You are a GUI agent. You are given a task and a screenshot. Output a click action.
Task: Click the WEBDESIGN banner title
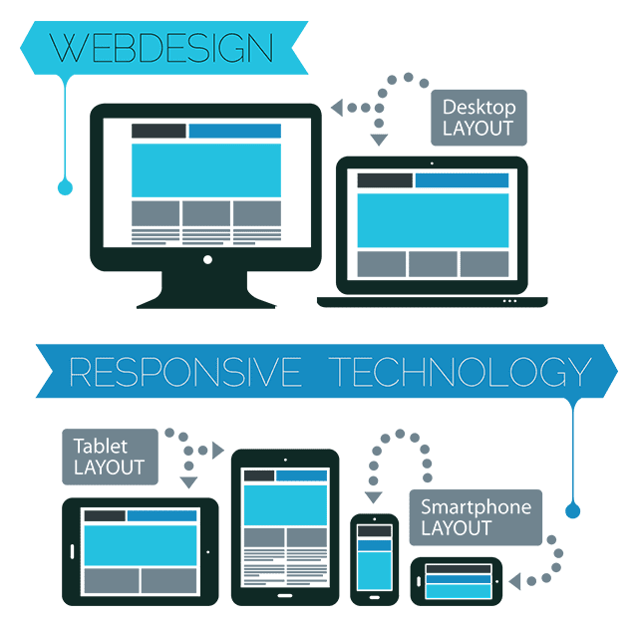click(x=161, y=48)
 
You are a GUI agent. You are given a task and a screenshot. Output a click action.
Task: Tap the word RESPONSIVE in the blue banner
click(x=185, y=372)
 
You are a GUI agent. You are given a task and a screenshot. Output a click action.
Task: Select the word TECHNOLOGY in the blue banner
click(x=460, y=372)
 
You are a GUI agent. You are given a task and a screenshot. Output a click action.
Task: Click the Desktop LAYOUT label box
click(x=478, y=118)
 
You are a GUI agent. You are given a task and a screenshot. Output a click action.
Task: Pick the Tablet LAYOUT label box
click(x=110, y=457)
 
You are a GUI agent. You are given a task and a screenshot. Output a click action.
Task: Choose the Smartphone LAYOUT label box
click(x=476, y=517)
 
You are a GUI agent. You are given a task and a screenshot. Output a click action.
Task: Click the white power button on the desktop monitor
click(x=207, y=259)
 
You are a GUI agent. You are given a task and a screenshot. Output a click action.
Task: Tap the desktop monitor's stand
click(x=206, y=290)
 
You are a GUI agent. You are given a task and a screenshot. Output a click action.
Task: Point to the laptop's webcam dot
click(x=432, y=163)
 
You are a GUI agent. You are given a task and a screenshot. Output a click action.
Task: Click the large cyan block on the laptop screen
click(x=433, y=220)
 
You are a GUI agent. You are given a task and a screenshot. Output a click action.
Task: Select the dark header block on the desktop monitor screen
click(x=159, y=131)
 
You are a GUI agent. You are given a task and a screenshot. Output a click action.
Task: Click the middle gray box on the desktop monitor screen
click(x=206, y=212)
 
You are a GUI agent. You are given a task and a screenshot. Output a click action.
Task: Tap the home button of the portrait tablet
click(x=285, y=596)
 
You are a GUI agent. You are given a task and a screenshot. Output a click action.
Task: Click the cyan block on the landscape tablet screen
click(x=141, y=545)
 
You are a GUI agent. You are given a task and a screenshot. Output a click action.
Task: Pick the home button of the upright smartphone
click(x=375, y=597)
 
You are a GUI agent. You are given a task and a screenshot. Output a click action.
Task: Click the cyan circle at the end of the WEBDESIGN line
click(x=65, y=187)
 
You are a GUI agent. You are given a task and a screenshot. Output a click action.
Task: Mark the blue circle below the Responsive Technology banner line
click(x=573, y=511)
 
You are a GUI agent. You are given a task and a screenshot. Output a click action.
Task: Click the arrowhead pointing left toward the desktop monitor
click(x=337, y=108)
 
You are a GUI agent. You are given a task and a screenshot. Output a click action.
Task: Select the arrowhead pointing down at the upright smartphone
click(x=373, y=497)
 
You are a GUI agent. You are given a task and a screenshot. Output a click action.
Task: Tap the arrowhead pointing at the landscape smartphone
click(x=515, y=581)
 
